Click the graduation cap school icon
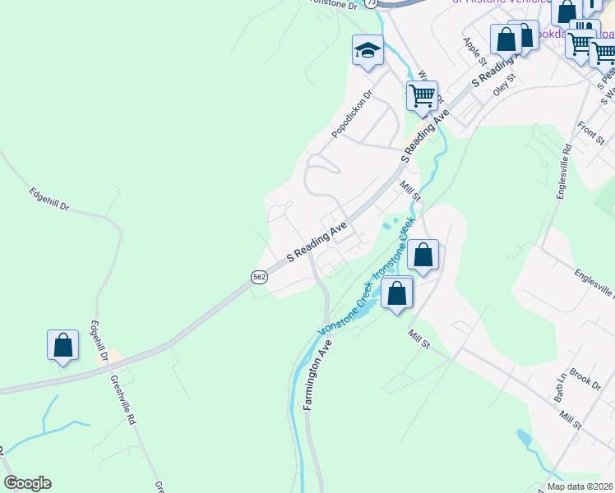click(368, 51)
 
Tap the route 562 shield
click(260, 277)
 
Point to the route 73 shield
click(372, 4)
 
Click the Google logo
click(27, 483)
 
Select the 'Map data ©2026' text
click(579, 486)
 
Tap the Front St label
click(591, 131)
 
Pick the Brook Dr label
click(585, 380)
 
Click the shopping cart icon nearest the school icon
click(422, 95)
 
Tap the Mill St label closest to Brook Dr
click(570, 422)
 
